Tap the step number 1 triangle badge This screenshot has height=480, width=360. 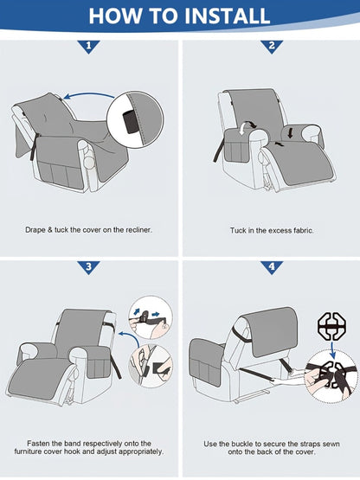point(89,46)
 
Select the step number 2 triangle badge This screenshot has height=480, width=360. point(272,46)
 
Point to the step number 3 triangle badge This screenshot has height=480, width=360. point(89,267)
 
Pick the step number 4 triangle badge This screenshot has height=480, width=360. point(272,267)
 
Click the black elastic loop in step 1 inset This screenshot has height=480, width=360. point(130,122)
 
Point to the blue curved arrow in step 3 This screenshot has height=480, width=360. point(129,337)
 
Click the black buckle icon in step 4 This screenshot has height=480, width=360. point(331,327)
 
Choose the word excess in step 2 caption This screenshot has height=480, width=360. point(277,230)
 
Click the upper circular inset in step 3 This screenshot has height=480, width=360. point(150,317)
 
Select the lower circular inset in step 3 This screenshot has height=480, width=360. point(151,366)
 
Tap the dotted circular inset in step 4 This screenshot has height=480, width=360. point(331,376)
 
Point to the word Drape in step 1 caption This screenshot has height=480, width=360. point(35,229)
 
